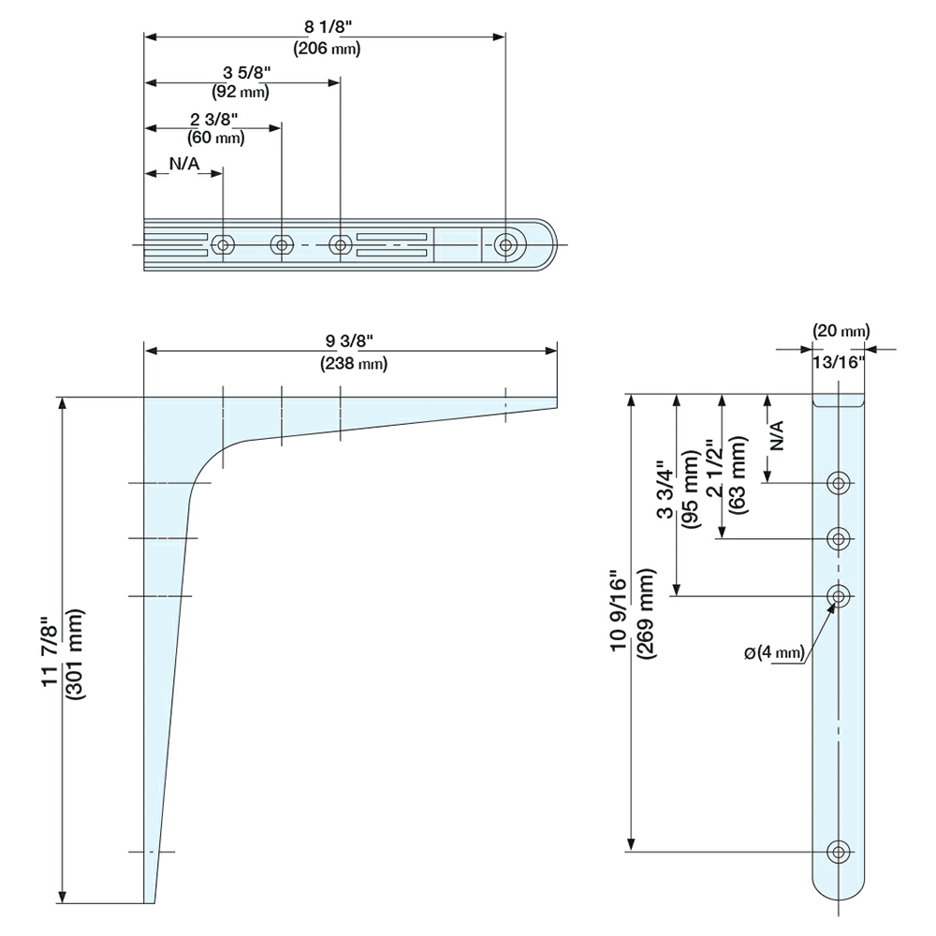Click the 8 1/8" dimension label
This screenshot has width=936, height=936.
[326, 27]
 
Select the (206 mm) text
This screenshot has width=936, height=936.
[327, 49]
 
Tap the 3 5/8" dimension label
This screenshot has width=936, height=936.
[246, 73]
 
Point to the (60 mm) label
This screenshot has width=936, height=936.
[215, 138]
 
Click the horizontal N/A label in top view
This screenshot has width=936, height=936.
[184, 164]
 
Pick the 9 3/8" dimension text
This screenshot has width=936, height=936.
[349, 341]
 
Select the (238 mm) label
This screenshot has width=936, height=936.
[354, 363]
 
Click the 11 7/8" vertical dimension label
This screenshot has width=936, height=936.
[51, 655]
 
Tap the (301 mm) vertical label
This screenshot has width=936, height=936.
[77, 654]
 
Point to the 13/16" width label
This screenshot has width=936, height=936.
[839, 361]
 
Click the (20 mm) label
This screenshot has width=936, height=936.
[841, 330]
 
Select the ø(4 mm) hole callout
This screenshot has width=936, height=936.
[775, 652]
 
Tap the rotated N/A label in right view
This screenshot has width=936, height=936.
[776, 436]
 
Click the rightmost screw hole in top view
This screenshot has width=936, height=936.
[505, 244]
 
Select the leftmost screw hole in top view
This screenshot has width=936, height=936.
[223, 244]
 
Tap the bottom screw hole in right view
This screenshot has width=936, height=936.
[839, 852]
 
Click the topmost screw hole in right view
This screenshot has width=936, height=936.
[839, 482]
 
